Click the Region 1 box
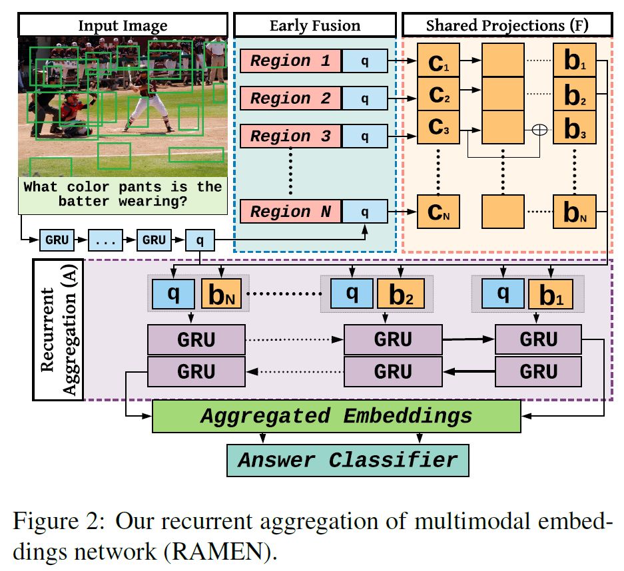coord(290,61)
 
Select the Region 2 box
coord(290,98)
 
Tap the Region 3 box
coord(290,136)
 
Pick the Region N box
coord(290,212)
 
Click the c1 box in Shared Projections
coord(437,61)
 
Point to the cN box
coord(437,213)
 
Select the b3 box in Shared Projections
coord(575,128)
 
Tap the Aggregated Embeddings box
coord(336,416)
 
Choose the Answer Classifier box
coord(347,460)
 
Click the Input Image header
coord(123,26)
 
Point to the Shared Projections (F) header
coord(508,26)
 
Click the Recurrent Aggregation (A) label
coord(57,330)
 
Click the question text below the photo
coord(123,194)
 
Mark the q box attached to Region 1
coord(364,61)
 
